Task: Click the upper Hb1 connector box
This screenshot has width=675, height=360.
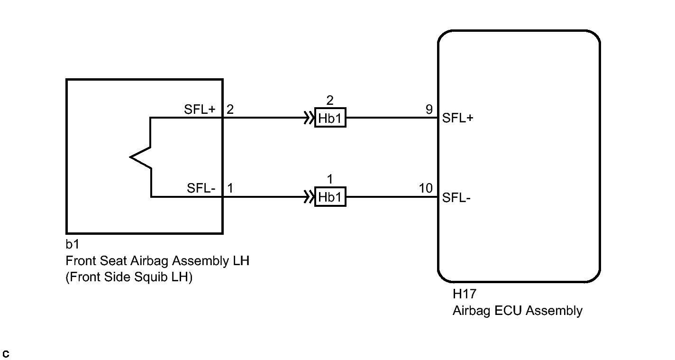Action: tap(330, 118)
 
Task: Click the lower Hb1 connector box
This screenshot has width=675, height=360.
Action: tap(330, 197)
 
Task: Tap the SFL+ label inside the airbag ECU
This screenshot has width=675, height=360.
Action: tap(457, 118)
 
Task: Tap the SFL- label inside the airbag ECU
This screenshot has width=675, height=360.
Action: tap(456, 197)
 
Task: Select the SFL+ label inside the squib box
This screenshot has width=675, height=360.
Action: tap(200, 109)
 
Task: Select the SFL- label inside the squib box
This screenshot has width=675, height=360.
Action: tap(201, 188)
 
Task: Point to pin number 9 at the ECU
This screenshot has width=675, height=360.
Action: tap(429, 109)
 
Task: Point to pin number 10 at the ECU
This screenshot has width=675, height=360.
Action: tap(426, 188)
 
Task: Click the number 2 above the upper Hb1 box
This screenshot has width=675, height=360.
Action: tap(330, 100)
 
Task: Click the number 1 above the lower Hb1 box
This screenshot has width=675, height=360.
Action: tap(330, 179)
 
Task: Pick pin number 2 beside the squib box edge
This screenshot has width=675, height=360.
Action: tap(230, 109)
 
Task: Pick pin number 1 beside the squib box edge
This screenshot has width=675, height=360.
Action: tap(230, 188)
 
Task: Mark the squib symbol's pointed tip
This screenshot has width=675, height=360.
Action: tap(130, 157)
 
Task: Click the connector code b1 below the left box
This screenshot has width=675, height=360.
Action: tap(73, 244)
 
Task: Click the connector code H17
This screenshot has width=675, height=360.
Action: tap(465, 294)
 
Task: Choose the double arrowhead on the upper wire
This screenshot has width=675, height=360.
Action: tap(309, 118)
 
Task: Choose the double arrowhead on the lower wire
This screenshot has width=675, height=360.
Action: tap(309, 197)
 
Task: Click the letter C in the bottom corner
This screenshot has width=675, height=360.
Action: tap(6, 354)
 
